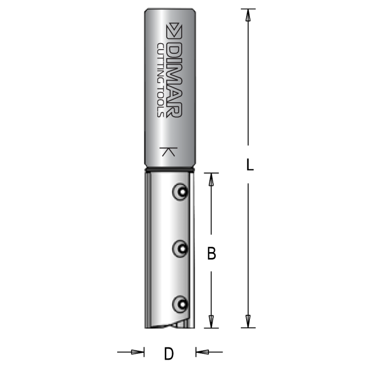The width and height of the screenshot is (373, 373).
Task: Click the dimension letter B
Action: [212, 254]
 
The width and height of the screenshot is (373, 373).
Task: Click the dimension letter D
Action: [169, 353]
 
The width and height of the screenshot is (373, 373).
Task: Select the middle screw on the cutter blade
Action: [180, 248]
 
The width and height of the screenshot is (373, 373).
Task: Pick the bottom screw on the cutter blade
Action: [180, 304]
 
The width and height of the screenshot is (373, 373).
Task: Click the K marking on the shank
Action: [168, 151]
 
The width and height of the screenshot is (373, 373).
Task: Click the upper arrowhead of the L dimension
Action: [247, 14]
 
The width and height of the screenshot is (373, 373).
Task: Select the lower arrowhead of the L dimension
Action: [247, 321]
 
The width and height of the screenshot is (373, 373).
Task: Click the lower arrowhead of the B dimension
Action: [211, 321]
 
